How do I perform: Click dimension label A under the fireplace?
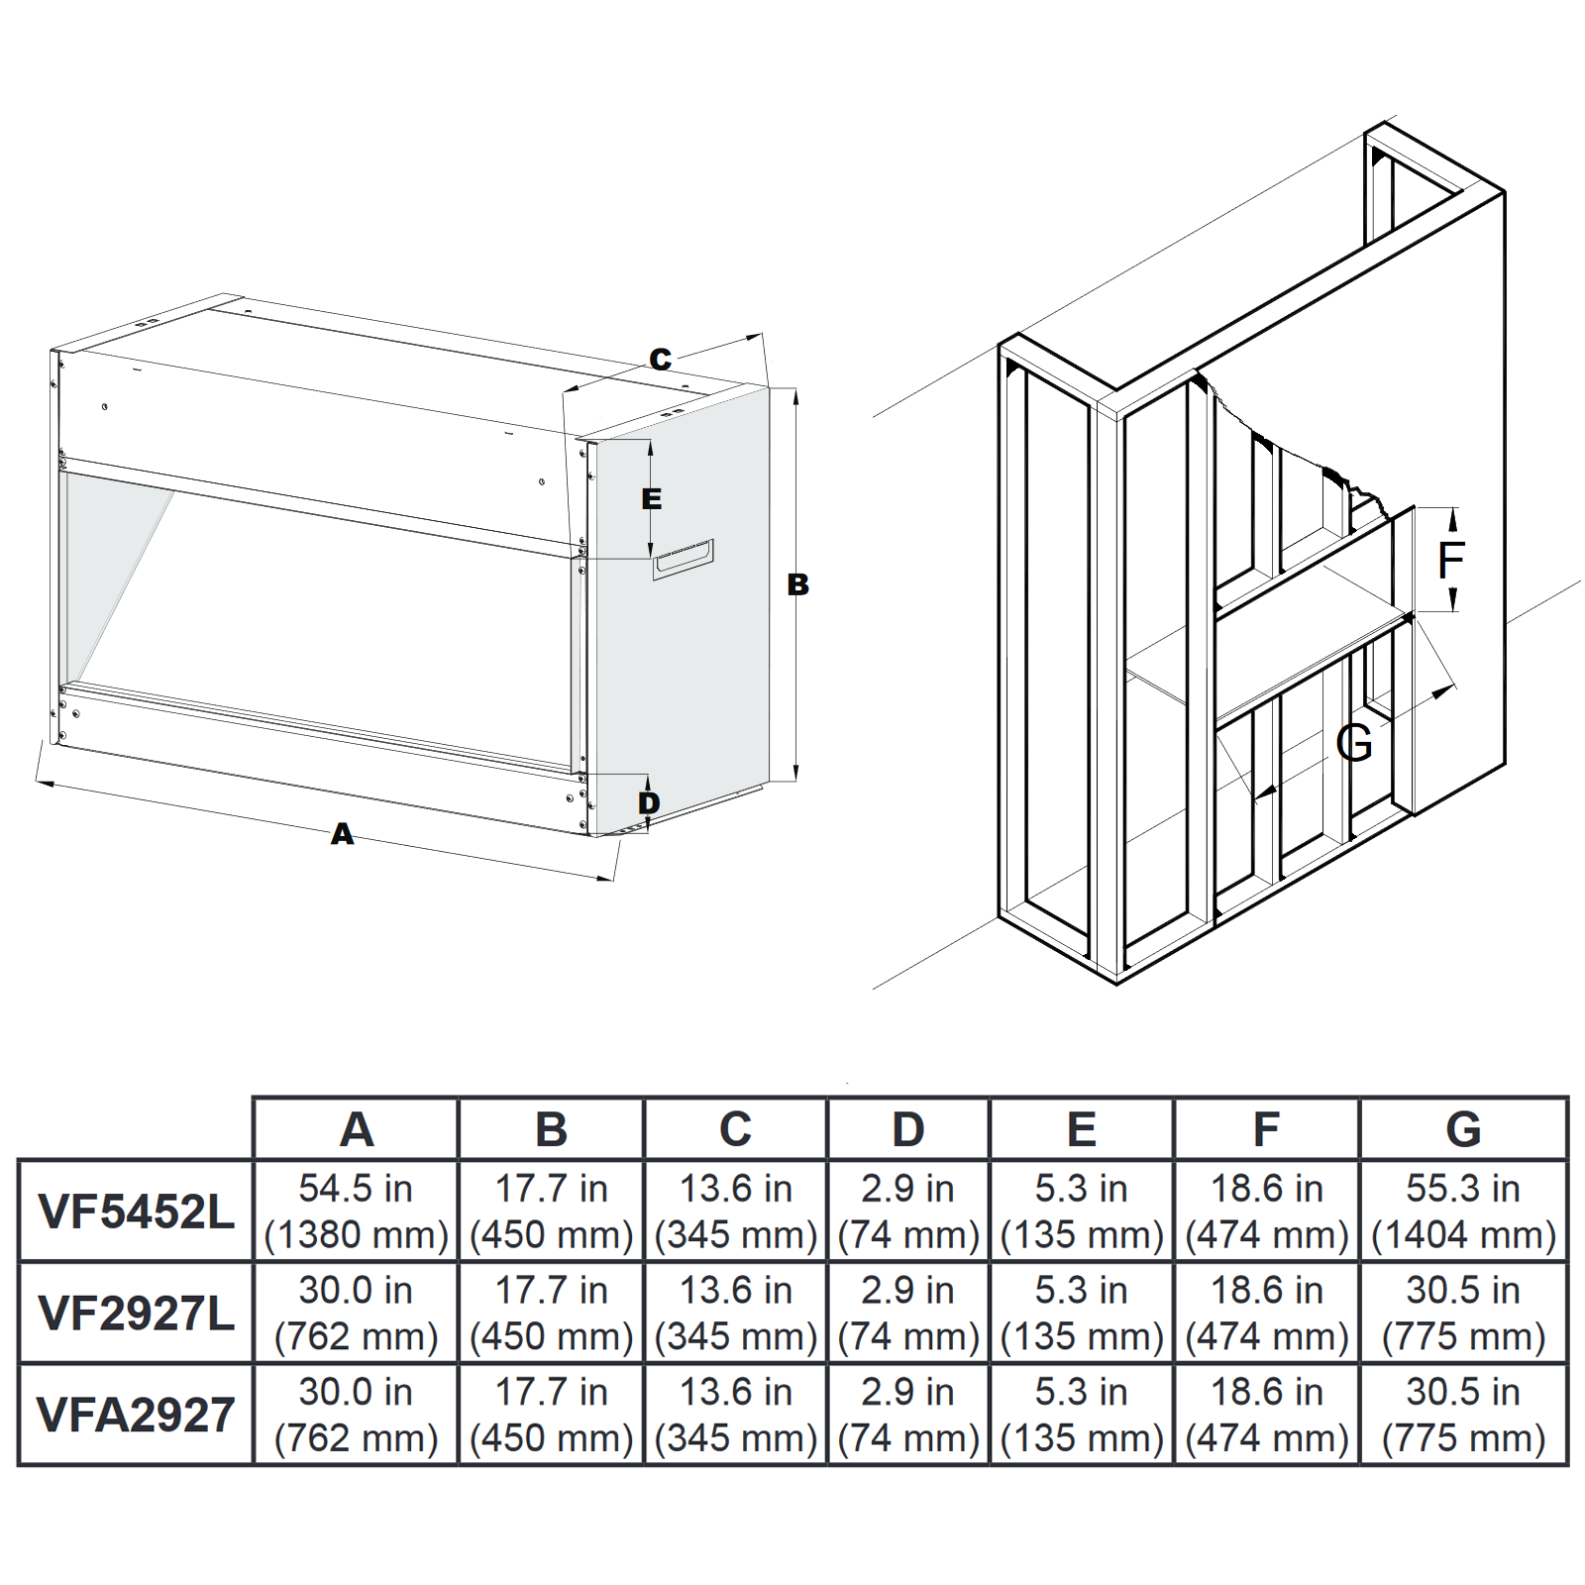(x=342, y=834)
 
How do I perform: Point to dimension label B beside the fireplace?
(x=797, y=584)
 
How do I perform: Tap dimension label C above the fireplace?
(x=660, y=359)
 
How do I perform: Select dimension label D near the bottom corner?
(x=649, y=802)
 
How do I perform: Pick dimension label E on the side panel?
(x=651, y=498)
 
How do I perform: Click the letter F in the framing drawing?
(x=1450, y=561)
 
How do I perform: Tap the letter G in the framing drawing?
(x=1353, y=742)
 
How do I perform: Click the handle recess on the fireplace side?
(x=683, y=559)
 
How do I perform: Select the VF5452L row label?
(x=136, y=1212)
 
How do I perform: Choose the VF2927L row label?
(x=136, y=1314)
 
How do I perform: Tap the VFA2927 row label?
(x=136, y=1415)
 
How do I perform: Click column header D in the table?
(x=908, y=1129)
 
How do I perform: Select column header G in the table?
(x=1463, y=1129)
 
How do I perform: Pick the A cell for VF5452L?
(x=356, y=1212)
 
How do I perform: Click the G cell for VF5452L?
(x=1463, y=1212)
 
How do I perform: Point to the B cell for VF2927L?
(x=551, y=1314)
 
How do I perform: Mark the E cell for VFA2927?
(x=1081, y=1415)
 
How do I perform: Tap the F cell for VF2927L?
(x=1266, y=1314)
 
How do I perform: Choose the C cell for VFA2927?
(x=735, y=1415)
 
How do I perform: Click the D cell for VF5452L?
(x=908, y=1212)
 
